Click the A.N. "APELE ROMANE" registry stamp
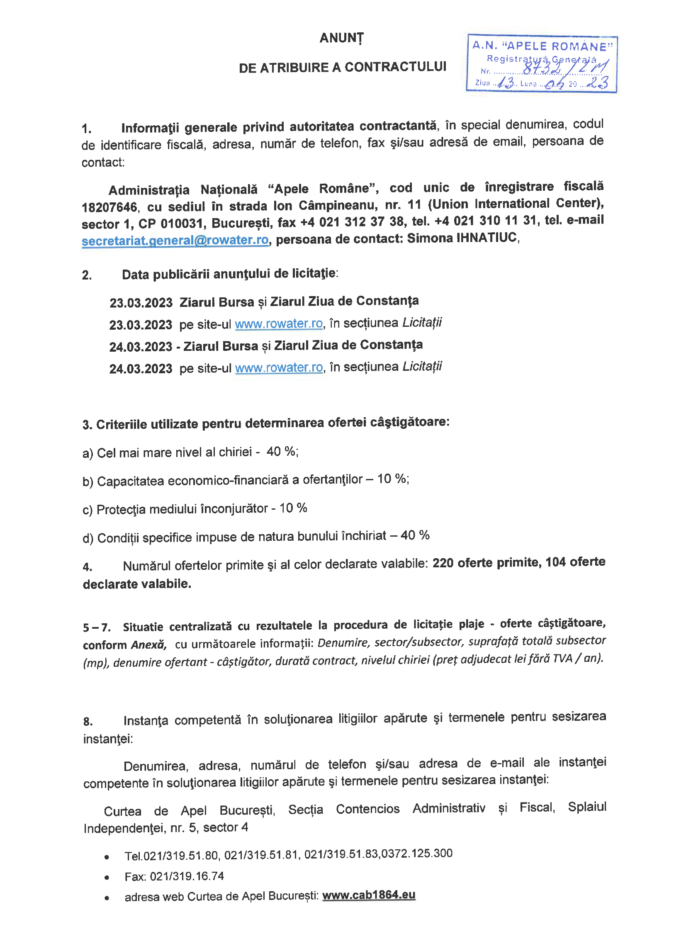click(542, 63)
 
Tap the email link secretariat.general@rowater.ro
click(175, 241)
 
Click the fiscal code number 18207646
click(109, 207)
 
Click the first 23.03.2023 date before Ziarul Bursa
click(141, 303)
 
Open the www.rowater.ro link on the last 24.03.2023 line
click(279, 367)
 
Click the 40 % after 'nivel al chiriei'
click(282, 451)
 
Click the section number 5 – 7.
click(96, 627)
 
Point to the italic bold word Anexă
click(148, 645)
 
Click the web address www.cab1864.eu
click(368, 895)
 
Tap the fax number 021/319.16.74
click(187, 876)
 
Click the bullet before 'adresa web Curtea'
click(107, 898)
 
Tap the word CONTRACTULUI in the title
click(395, 67)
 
